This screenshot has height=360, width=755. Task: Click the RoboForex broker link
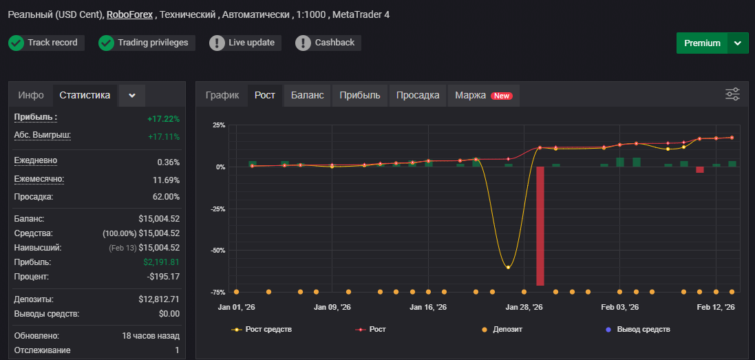click(129, 15)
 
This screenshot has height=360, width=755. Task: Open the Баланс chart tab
click(307, 95)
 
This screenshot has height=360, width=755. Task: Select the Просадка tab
click(418, 95)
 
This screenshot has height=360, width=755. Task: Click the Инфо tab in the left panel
click(31, 95)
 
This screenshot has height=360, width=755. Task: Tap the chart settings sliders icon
click(732, 94)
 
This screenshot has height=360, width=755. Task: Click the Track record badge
click(46, 43)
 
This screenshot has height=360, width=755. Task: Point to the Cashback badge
click(328, 43)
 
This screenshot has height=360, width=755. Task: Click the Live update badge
click(245, 43)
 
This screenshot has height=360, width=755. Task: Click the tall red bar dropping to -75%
click(540, 226)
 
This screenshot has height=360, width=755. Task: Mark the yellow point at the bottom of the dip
click(508, 267)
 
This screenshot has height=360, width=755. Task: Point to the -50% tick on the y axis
click(218, 251)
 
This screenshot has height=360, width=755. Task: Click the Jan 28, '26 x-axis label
click(524, 308)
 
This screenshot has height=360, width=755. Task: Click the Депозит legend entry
click(502, 330)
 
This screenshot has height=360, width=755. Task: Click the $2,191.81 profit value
click(161, 262)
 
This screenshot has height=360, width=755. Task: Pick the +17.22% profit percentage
click(164, 119)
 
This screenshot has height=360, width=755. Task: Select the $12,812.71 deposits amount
click(159, 299)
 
